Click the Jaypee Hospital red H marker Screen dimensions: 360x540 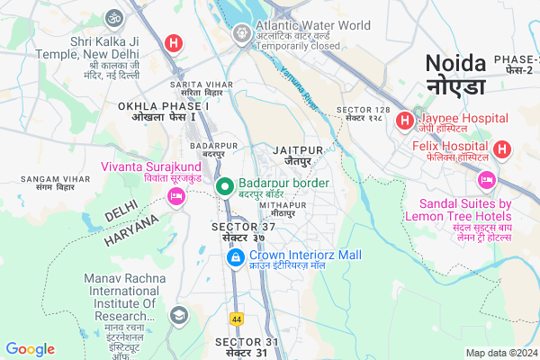[x=405, y=119]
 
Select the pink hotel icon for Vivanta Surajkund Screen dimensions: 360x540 [x=175, y=195]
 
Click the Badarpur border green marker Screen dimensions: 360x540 [x=226, y=186]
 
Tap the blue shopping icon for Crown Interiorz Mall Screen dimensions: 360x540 [x=234, y=258]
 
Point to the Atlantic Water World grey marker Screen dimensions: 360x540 [x=241, y=34]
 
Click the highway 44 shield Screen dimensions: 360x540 [x=237, y=319]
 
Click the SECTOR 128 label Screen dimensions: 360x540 [x=363, y=114]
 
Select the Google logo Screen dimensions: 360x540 [x=30, y=349]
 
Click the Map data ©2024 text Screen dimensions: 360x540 [x=500, y=353]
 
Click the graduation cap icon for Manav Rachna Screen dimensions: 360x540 [x=178, y=315]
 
